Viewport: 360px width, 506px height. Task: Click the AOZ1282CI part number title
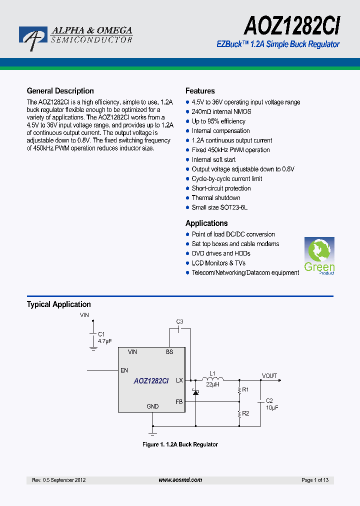pos(291,25)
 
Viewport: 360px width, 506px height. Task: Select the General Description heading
pos(60,91)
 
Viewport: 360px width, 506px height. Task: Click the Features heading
pos(200,91)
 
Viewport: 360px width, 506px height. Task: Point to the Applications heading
pos(206,223)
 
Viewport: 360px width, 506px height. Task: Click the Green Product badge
pos(319,255)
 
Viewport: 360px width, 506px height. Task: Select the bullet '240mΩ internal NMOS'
pos(221,112)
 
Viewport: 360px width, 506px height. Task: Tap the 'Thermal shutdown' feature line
pos(216,198)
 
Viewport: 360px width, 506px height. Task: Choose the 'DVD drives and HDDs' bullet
pos(221,253)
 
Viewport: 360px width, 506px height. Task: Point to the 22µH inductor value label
pos(213,385)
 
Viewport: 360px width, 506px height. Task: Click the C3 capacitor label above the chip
pos(180,321)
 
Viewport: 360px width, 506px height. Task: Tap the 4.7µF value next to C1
pos(105,341)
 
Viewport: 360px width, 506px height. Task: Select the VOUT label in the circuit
pos(269,376)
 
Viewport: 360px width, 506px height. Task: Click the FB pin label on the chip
pos(179,401)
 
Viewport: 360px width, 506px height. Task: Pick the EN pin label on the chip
pos(124,370)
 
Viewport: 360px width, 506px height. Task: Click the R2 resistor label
pos(245,413)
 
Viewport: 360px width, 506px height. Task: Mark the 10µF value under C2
pos(272,407)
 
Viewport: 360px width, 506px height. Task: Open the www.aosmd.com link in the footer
pos(180,480)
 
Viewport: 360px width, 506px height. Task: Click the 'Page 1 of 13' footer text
pos(315,480)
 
